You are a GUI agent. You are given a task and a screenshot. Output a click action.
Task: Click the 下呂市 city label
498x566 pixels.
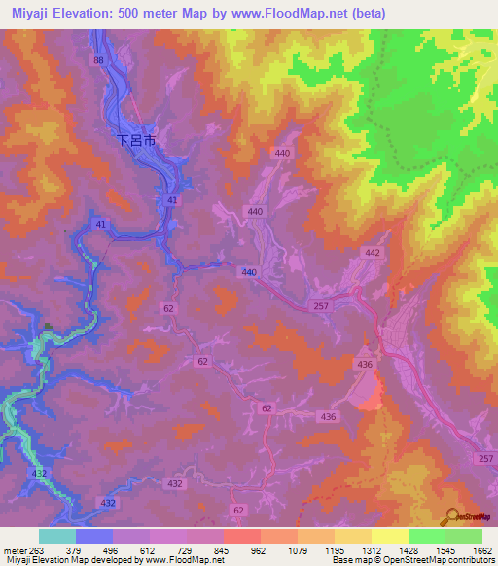pos(136,140)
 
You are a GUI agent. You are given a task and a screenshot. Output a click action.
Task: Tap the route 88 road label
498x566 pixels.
pos(98,60)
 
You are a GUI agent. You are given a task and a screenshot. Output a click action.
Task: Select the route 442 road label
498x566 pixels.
pos(372,252)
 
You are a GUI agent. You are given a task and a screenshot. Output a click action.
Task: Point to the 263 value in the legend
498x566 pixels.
pos(40,549)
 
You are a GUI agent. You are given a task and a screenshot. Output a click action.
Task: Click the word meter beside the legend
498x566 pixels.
pos(15,549)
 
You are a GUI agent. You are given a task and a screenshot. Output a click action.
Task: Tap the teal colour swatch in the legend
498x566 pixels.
pos(57,536)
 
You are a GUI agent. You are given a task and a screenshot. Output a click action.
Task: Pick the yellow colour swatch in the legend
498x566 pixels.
pos(389,536)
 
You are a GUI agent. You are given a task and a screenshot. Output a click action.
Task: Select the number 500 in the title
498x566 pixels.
pos(135,14)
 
